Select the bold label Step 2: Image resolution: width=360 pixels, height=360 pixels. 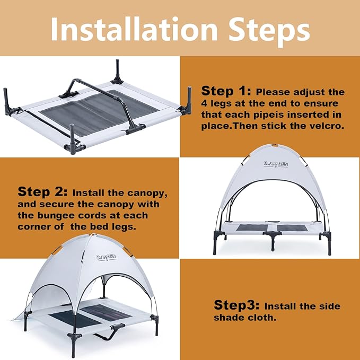[x=43, y=191]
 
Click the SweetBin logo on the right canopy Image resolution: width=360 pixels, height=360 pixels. [x=275, y=163]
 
